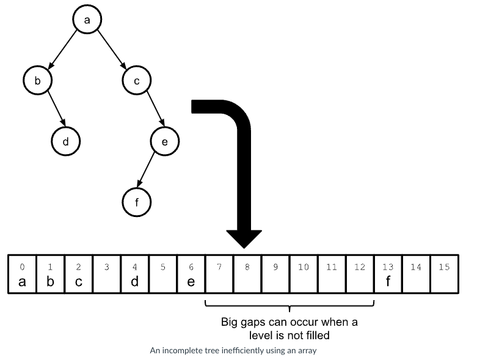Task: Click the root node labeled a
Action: [x=87, y=20]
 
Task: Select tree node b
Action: [x=38, y=80]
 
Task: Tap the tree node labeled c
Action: [x=136, y=80]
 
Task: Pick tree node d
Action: [x=66, y=141]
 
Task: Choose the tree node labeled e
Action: [x=164, y=141]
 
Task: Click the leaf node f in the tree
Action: [x=136, y=202]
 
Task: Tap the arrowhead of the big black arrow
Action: [x=244, y=238]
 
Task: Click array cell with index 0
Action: [x=22, y=274]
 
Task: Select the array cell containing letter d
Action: [x=135, y=274]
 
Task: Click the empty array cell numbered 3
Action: [x=107, y=274]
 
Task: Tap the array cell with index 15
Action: [x=445, y=274]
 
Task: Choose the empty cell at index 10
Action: [x=304, y=274]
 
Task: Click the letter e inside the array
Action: [x=191, y=282]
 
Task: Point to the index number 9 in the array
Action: [x=275, y=267]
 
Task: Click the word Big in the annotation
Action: [x=231, y=321]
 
